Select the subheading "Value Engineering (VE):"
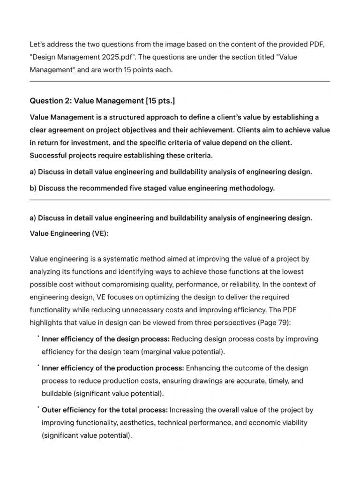click(x=69, y=233)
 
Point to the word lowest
click(x=292, y=272)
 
